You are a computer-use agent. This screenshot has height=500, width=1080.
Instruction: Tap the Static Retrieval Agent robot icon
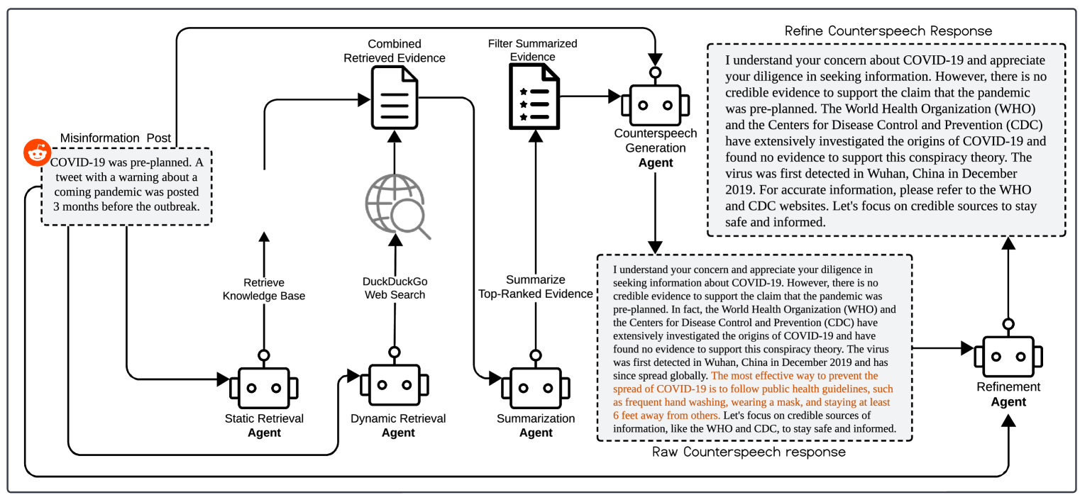click(x=264, y=387)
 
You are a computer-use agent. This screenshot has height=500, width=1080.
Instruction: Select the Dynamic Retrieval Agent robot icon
click(x=394, y=385)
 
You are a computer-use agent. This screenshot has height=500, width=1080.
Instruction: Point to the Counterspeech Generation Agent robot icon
click(x=655, y=104)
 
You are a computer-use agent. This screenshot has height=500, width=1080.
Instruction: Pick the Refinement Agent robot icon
click(x=1008, y=358)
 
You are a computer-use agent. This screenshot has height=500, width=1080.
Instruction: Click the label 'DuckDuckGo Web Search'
click(x=395, y=288)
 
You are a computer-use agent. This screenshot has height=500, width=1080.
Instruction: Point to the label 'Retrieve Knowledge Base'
click(x=264, y=289)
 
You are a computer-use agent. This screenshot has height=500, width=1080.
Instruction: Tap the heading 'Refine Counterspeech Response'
click(x=888, y=31)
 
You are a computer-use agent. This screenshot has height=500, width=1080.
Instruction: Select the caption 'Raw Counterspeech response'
click(x=749, y=452)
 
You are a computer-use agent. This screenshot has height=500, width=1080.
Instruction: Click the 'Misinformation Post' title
click(x=115, y=138)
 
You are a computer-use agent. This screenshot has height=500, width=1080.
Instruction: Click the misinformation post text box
click(x=126, y=186)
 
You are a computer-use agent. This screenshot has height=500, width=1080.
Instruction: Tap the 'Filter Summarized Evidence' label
click(x=532, y=50)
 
